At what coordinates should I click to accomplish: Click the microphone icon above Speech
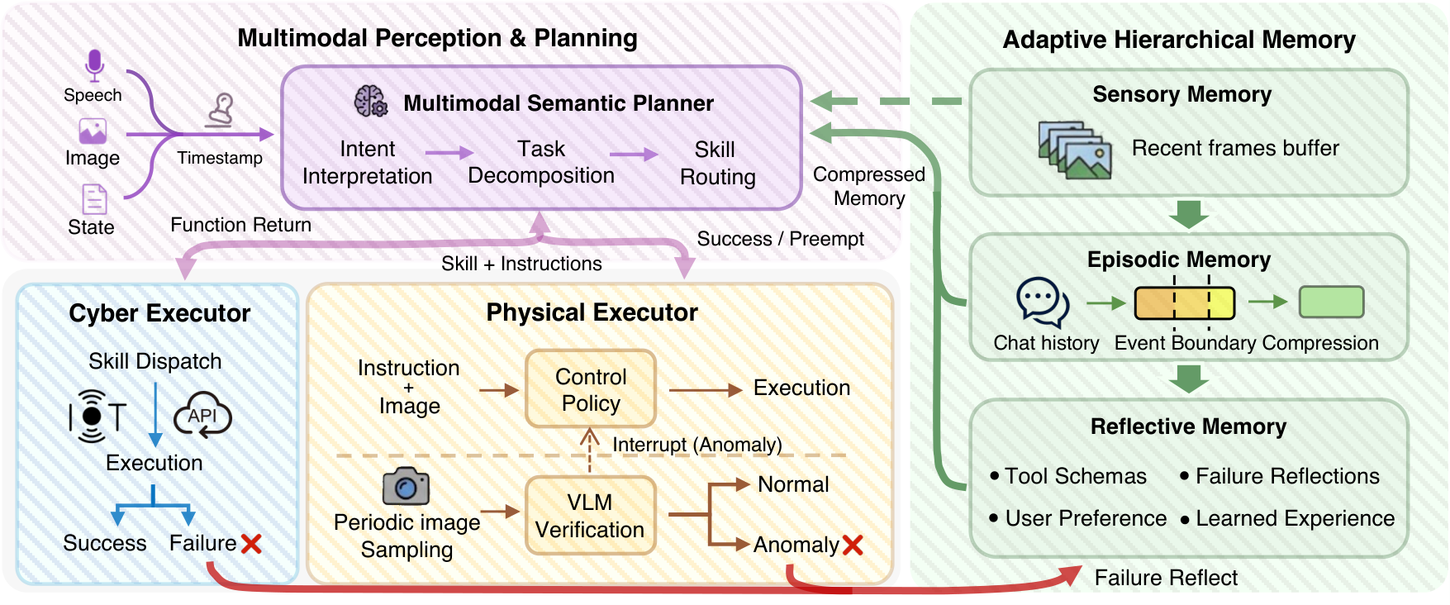[94, 65]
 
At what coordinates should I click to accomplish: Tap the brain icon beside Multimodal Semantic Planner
[371, 101]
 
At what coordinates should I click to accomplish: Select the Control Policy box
[591, 389]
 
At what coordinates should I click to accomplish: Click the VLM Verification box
[591, 516]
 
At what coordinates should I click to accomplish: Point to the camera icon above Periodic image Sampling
[406, 486]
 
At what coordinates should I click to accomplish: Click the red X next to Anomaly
[853, 545]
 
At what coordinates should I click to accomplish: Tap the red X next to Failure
[251, 543]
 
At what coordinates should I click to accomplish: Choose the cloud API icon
[202, 415]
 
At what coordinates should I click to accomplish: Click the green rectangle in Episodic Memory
[1331, 302]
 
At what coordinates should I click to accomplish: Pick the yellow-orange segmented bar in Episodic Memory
[1185, 303]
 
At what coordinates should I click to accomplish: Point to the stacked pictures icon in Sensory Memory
[1075, 150]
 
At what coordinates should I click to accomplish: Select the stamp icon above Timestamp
[220, 110]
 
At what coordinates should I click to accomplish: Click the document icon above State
[94, 199]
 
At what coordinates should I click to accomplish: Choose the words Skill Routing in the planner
[717, 163]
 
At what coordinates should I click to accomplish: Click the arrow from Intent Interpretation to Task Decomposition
[449, 153]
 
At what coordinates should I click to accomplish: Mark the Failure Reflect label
[1166, 578]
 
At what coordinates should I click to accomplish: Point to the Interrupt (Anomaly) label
[697, 445]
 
